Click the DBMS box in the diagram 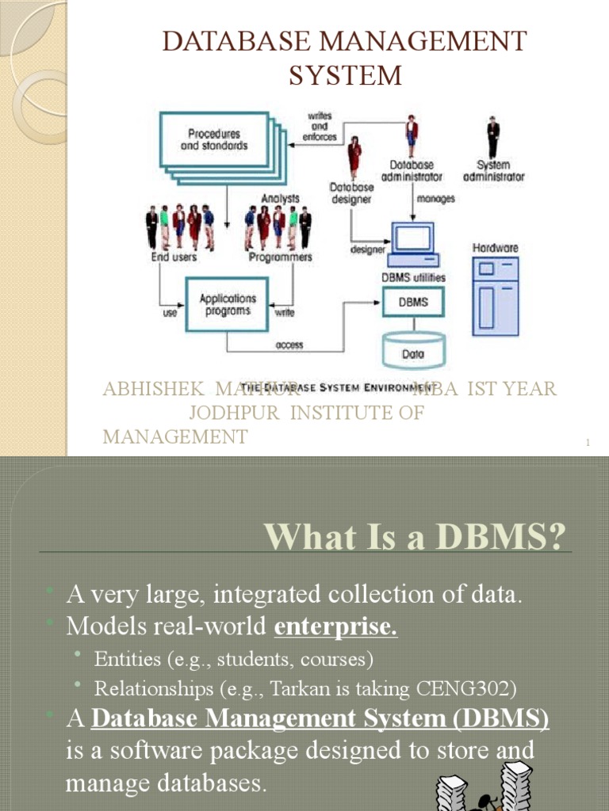point(413,302)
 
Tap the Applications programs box point(228,304)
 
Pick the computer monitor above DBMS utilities point(414,240)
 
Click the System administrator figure point(493,139)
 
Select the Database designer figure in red point(354,156)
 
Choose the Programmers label point(278,257)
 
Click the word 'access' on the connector point(289,345)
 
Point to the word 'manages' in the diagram point(435,199)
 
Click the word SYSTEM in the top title point(344,76)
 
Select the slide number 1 point(588,443)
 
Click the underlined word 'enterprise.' point(335,627)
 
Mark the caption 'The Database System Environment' point(337,387)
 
